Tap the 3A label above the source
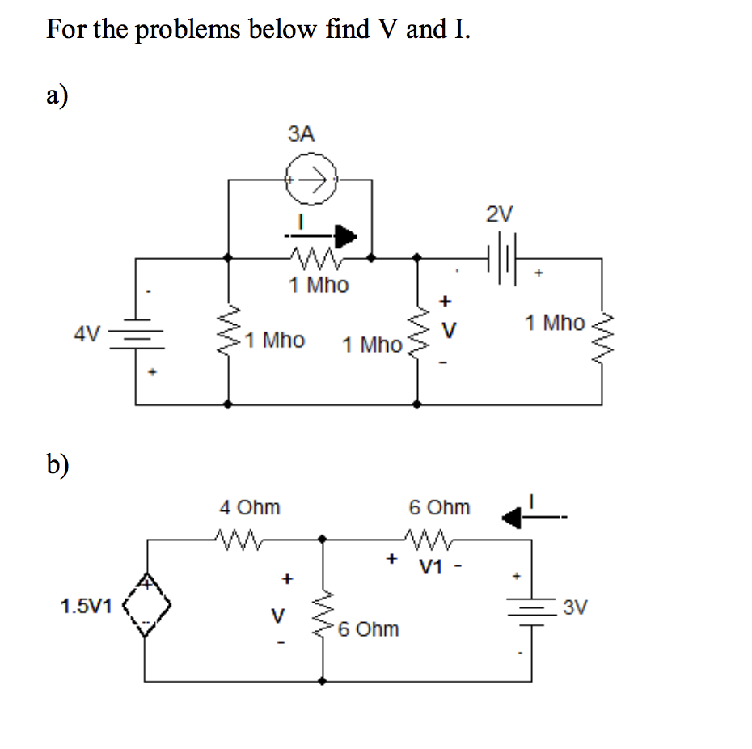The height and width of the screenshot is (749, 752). pyautogui.click(x=301, y=134)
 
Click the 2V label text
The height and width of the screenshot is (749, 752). pyautogui.click(x=500, y=214)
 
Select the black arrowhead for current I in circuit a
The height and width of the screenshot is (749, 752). pyautogui.click(x=346, y=236)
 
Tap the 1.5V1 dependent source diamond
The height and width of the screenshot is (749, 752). pyautogui.click(x=146, y=605)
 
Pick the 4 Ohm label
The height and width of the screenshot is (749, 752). pyautogui.click(x=250, y=507)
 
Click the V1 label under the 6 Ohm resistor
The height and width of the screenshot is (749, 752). pyautogui.click(x=431, y=568)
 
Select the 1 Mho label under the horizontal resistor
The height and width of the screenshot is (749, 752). pyautogui.click(x=319, y=285)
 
